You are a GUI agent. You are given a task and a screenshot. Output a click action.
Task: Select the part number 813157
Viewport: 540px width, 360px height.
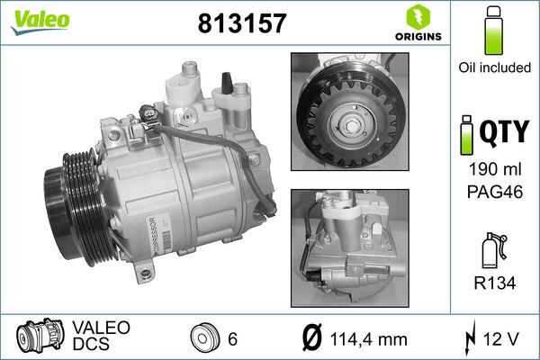point(241,23)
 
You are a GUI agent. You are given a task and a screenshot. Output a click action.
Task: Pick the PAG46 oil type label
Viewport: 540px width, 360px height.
point(492,192)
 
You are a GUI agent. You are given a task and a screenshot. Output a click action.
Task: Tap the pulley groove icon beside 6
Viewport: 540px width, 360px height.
point(205,337)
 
